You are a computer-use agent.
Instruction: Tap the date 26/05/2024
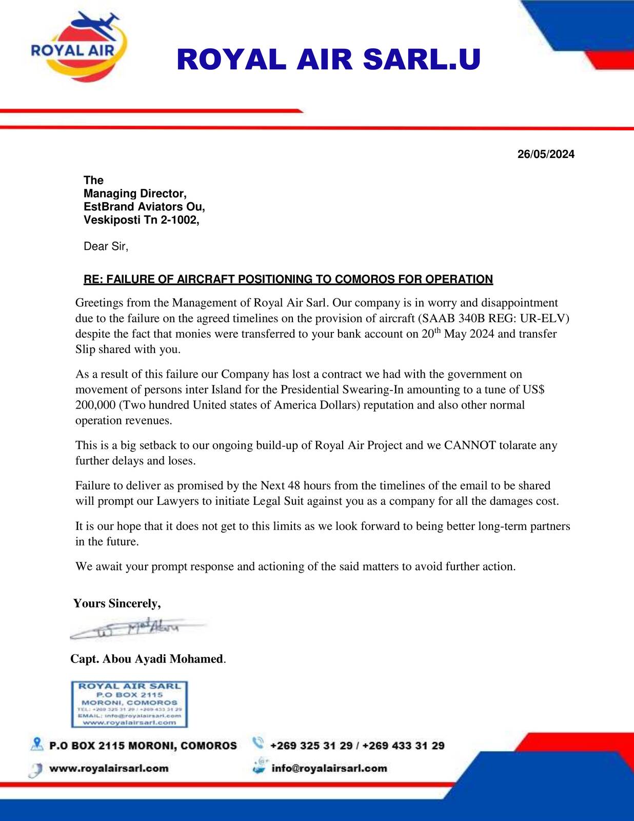pyautogui.click(x=546, y=154)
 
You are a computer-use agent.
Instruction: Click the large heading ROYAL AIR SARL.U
pyautogui.click(x=328, y=60)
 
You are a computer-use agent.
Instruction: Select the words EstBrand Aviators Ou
pyautogui.click(x=144, y=207)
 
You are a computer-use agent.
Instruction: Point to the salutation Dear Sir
pyautogui.click(x=106, y=246)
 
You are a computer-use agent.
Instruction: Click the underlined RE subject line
pyautogui.click(x=288, y=280)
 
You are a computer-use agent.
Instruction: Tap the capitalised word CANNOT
pyautogui.click(x=469, y=445)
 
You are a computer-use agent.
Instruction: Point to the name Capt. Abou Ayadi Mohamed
pyautogui.click(x=147, y=659)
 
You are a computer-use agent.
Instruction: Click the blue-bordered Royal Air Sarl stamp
pyautogui.click(x=129, y=704)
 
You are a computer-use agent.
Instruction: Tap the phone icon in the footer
pyautogui.click(x=258, y=743)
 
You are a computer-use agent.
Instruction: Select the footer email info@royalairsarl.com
pyautogui.click(x=329, y=769)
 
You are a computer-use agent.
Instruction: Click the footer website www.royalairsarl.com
pyautogui.click(x=109, y=769)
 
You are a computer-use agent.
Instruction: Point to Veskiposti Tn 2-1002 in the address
pyautogui.click(x=141, y=220)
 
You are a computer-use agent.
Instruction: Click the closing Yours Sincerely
pyautogui.click(x=117, y=603)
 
